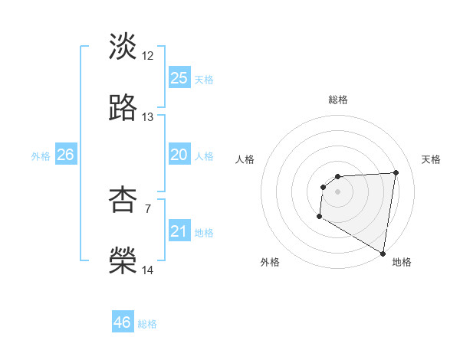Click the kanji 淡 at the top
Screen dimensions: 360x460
pos(123,47)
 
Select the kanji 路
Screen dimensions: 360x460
pos(123,108)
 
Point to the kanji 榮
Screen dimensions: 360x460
pos(123,260)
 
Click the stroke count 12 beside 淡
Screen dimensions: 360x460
pos(148,56)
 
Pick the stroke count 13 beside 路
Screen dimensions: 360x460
pos(148,117)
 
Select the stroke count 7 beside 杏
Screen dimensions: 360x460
pos(148,208)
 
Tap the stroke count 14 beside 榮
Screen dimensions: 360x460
pos(148,270)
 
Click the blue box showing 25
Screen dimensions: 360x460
pos(179,78)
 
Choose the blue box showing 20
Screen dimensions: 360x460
pos(179,155)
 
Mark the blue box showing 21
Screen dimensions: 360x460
pos(179,231)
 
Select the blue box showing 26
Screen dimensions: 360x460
pos(65,155)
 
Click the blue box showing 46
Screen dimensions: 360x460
pos(123,322)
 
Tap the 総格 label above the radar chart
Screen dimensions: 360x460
pos(338,100)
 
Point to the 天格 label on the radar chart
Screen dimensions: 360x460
pos(431,159)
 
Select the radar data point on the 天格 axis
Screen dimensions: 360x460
pos(396,173)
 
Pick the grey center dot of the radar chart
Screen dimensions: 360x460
pos(337,191)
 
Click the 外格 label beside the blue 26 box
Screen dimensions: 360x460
pos(41,155)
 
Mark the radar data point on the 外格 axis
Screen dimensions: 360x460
pos(319,217)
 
